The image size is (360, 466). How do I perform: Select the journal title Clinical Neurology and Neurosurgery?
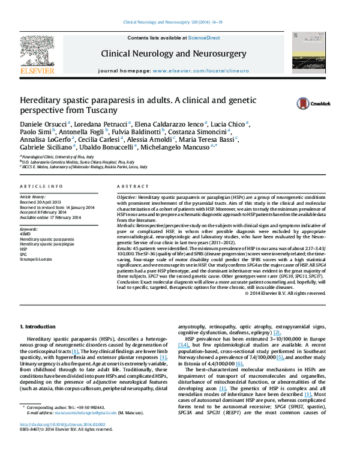(173, 54)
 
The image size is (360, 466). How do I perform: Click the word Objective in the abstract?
(126, 197)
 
